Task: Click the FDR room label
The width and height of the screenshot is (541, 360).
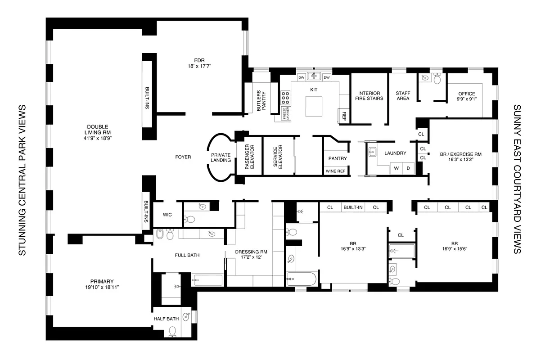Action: click(199, 63)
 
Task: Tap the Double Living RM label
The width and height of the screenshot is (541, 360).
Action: click(98, 132)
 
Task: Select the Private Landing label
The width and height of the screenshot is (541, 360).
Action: click(221, 157)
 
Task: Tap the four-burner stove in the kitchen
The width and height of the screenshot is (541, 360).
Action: click(286, 98)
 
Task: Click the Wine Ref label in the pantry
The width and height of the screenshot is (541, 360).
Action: click(335, 171)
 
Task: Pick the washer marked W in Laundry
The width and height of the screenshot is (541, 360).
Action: click(396, 168)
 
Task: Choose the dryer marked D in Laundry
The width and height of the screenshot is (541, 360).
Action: click(408, 168)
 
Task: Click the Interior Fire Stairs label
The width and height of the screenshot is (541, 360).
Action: click(368, 95)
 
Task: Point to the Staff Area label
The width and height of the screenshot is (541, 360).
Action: click(403, 95)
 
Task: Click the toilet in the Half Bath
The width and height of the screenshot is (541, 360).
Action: click(172, 331)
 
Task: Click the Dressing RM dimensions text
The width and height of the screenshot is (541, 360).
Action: click(248, 257)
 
